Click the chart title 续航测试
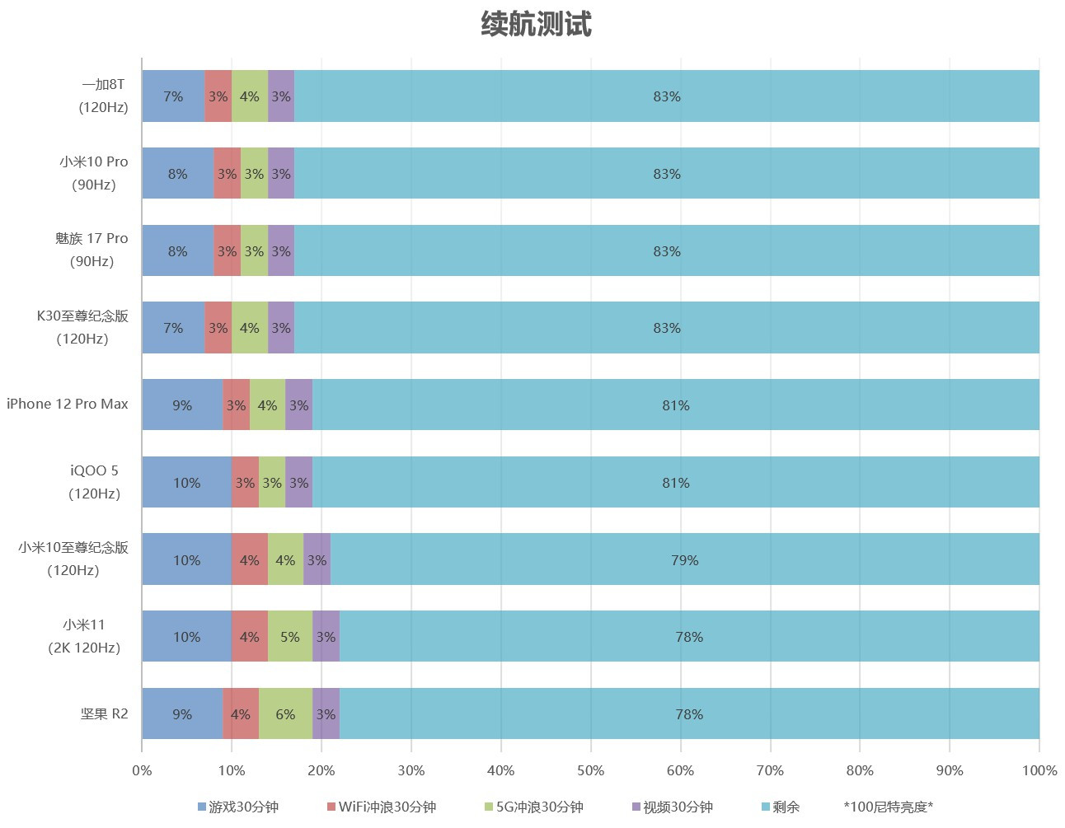click(536, 25)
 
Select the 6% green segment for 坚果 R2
click(285, 713)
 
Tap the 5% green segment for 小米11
click(289, 636)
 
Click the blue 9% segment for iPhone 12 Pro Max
click(182, 405)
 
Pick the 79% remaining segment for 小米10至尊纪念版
click(684, 559)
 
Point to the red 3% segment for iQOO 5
click(245, 482)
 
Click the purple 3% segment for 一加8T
click(281, 96)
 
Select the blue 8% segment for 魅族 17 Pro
click(177, 250)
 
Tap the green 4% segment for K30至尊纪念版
click(249, 328)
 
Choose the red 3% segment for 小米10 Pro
click(227, 174)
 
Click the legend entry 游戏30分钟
click(238, 807)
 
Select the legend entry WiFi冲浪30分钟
click(381, 807)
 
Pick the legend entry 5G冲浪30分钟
click(533, 807)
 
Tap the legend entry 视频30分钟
click(672, 807)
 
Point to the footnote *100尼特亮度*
click(888, 807)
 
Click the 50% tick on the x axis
click(590, 770)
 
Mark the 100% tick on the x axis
click(1039, 770)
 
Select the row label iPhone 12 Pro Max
click(68, 404)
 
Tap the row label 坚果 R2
click(105, 713)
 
